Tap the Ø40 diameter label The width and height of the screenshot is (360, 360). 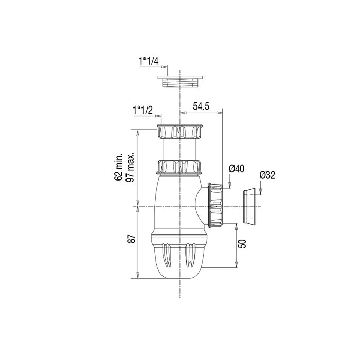pyautogui.click(x=236, y=169)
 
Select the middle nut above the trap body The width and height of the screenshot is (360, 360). pyautogui.click(x=180, y=167)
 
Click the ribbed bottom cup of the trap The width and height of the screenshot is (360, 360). pyautogui.click(x=179, y=257)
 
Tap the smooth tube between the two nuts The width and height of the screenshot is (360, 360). pyautogui.click(x=180, y=150)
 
